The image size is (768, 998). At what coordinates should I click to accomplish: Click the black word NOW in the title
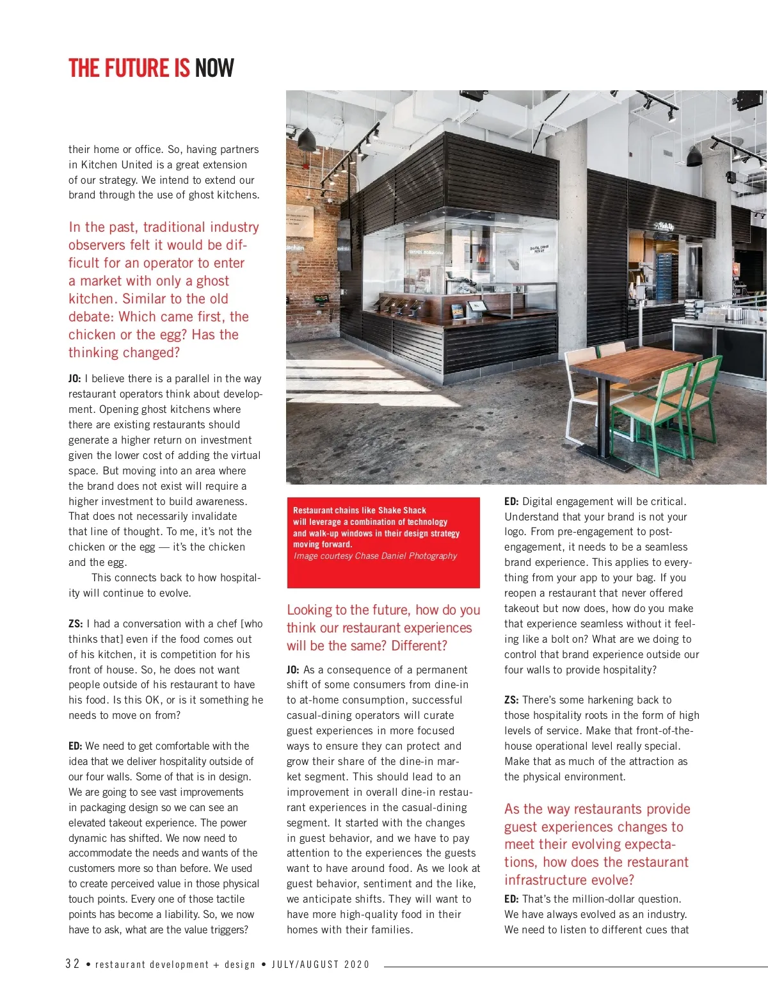click(214, 68)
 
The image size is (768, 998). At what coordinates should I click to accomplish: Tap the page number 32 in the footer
click(72, 964)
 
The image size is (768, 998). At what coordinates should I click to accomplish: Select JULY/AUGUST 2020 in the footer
click(321, 965)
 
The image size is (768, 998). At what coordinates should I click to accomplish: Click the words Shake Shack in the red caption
click(402, 510)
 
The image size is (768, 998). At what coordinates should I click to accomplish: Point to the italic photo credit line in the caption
click(375, 556)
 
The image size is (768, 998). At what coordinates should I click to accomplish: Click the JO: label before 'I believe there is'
click(75, 379)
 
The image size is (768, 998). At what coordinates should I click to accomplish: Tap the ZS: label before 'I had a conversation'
click(76, 624)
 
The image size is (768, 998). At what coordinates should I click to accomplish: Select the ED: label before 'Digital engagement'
click(511, 502)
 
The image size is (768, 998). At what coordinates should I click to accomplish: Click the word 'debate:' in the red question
click(90, 317)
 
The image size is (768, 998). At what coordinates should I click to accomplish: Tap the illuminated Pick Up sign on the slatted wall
click(664, 225)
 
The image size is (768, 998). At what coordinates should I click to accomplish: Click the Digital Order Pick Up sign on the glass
click(539, 248)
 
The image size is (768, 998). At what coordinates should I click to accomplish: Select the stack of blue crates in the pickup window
click(664, 275)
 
